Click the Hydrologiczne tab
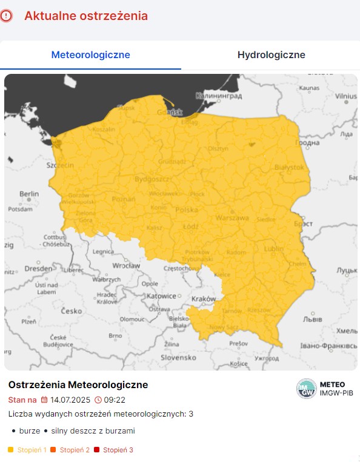coord(271,55)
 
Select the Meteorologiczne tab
coord(90,55)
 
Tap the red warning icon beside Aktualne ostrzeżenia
coord(7,16)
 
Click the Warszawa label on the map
coord(233,217)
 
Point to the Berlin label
coord(29,194)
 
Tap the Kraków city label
coord(203,299)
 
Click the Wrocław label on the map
coord(127,265)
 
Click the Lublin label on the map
coord(274,248)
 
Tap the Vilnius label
coord(346,96)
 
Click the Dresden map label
coord(38,268)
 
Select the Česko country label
coord(70,311)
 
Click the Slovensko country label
coord(177,357)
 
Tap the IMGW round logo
coord(306,389)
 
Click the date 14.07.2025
coord(70,400)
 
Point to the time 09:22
coord(115,400)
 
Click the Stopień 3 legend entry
coord(118,450)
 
